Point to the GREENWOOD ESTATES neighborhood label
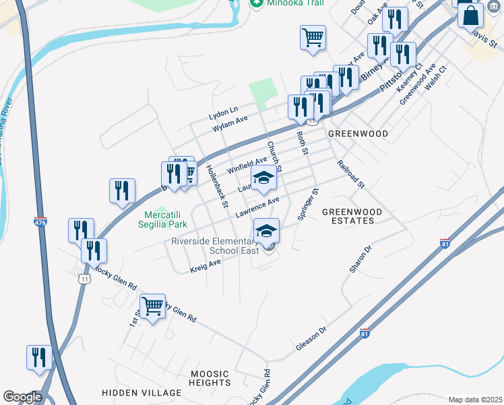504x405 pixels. (352, 216)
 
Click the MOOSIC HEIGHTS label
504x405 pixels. (210, 378)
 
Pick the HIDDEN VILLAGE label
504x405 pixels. (141, 392)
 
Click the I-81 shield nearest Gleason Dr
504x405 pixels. (365, 333)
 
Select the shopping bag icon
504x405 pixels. (470, 15)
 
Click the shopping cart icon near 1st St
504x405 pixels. (153, 306)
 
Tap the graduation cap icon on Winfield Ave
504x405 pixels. (264, 178)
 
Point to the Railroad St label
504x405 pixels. (350, 174)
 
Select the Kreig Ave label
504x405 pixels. (205, 265)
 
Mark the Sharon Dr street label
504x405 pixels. (360, 259)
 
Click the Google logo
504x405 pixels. (23, 397)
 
